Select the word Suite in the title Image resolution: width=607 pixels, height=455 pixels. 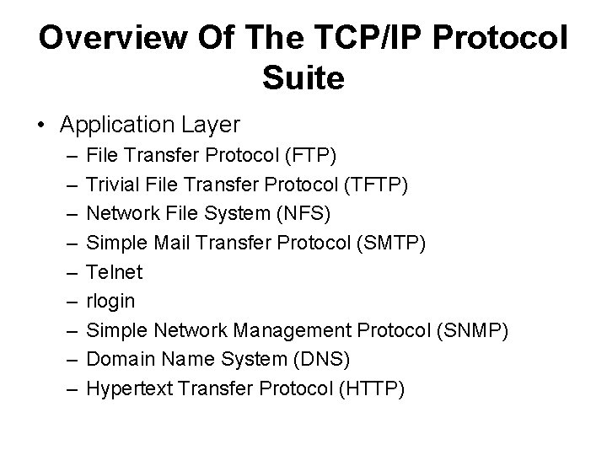(x=303, y=79)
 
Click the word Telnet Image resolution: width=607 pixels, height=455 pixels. (x=115, y=273)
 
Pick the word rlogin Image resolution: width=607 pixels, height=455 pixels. (x=110, y=302)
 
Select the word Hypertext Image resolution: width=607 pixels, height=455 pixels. (x=127, y=388)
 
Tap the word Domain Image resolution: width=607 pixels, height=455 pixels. (x=120, y=360)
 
